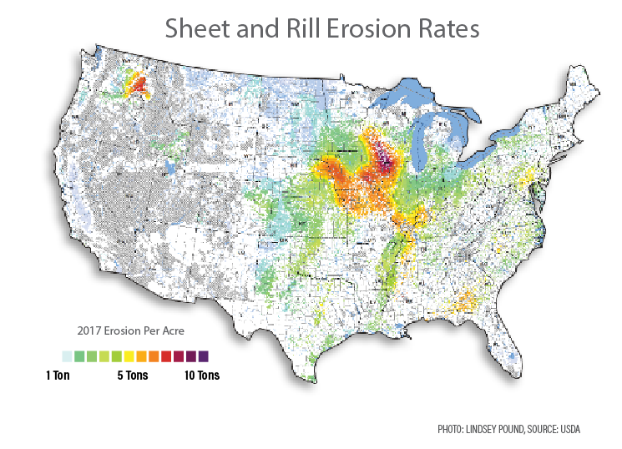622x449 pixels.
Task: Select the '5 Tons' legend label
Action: pyautogui.click(x=132, y=376)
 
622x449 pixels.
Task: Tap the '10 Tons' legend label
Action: pyautogui.click(x=201, y=376)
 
